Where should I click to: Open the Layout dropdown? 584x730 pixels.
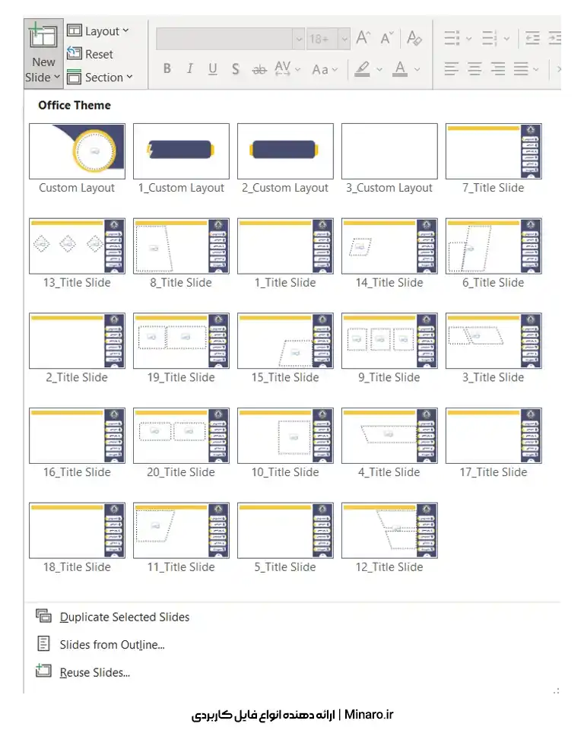pyautogui.click(x=98, y=30)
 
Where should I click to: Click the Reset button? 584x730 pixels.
pyautogui.click(x=90, y=54)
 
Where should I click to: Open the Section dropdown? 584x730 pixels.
pyautogui.click(x=100, y=77)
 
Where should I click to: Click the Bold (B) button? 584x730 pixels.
pyautogui.click(x=167, y=69)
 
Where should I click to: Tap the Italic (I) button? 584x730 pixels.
pyautogui.click(x=189, y=69)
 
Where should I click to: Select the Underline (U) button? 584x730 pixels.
pyautogui.click(x=213, y=69)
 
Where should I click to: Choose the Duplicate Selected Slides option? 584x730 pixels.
pyautogui.click(x=125, y=617)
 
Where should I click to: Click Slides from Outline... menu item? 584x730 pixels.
pyautogui.click(x=112, y=645)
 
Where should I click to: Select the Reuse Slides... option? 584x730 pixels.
pyautogui.click(x=94, y=672)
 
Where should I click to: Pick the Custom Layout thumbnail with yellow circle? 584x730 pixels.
pyautogui.click(x=77, y=151)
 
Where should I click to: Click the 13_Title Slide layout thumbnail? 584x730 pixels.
pyautogui.click(x=77, y=246)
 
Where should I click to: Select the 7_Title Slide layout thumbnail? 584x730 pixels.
pyautogui.click(x=494, y=151)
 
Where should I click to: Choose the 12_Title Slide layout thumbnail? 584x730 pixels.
pyautogui.click(x=389, y=530)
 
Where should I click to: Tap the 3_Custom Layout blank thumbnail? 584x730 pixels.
pyautogui.click(x=389, y=151)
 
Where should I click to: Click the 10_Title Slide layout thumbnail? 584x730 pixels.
pyautogui.click(x=285, y=435)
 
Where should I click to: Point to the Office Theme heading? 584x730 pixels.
pyautogui.click(x=75, y=106)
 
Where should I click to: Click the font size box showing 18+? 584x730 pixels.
pyautogui.click(x=320, y=39)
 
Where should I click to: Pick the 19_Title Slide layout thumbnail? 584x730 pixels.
pyautogui.click(x=181, y=341)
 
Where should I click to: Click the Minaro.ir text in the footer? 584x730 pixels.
pyautogui.click(x=369, y=714)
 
